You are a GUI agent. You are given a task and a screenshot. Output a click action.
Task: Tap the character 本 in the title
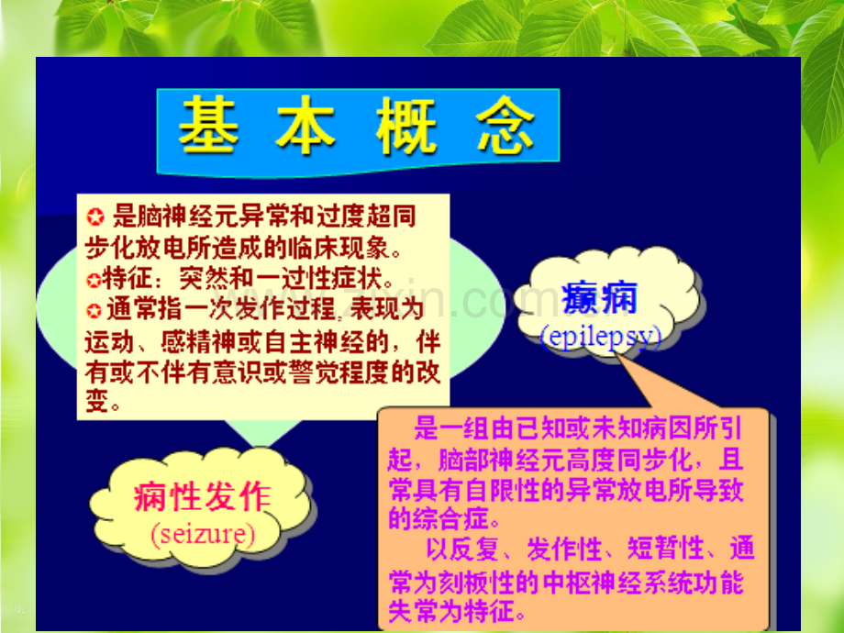coord(305,125)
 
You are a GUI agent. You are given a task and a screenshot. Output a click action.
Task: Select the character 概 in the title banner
coord(405,125)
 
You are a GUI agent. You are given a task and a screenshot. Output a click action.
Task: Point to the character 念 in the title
coord(505,125)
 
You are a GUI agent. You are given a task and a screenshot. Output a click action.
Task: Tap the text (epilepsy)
coord(601,337)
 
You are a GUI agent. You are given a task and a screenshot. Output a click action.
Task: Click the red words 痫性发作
coord(203,495)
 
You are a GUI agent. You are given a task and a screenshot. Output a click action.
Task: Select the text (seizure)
coord(203,534)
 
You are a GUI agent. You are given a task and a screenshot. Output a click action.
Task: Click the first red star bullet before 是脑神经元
coord(95,217)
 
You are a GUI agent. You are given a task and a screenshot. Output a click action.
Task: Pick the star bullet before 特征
coord(94,280)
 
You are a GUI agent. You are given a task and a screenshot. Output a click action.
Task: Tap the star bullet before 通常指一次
coord(94,311)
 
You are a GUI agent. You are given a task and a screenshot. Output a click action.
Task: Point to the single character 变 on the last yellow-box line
coord(97,401)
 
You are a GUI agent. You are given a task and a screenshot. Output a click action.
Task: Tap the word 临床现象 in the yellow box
coord(338,248)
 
